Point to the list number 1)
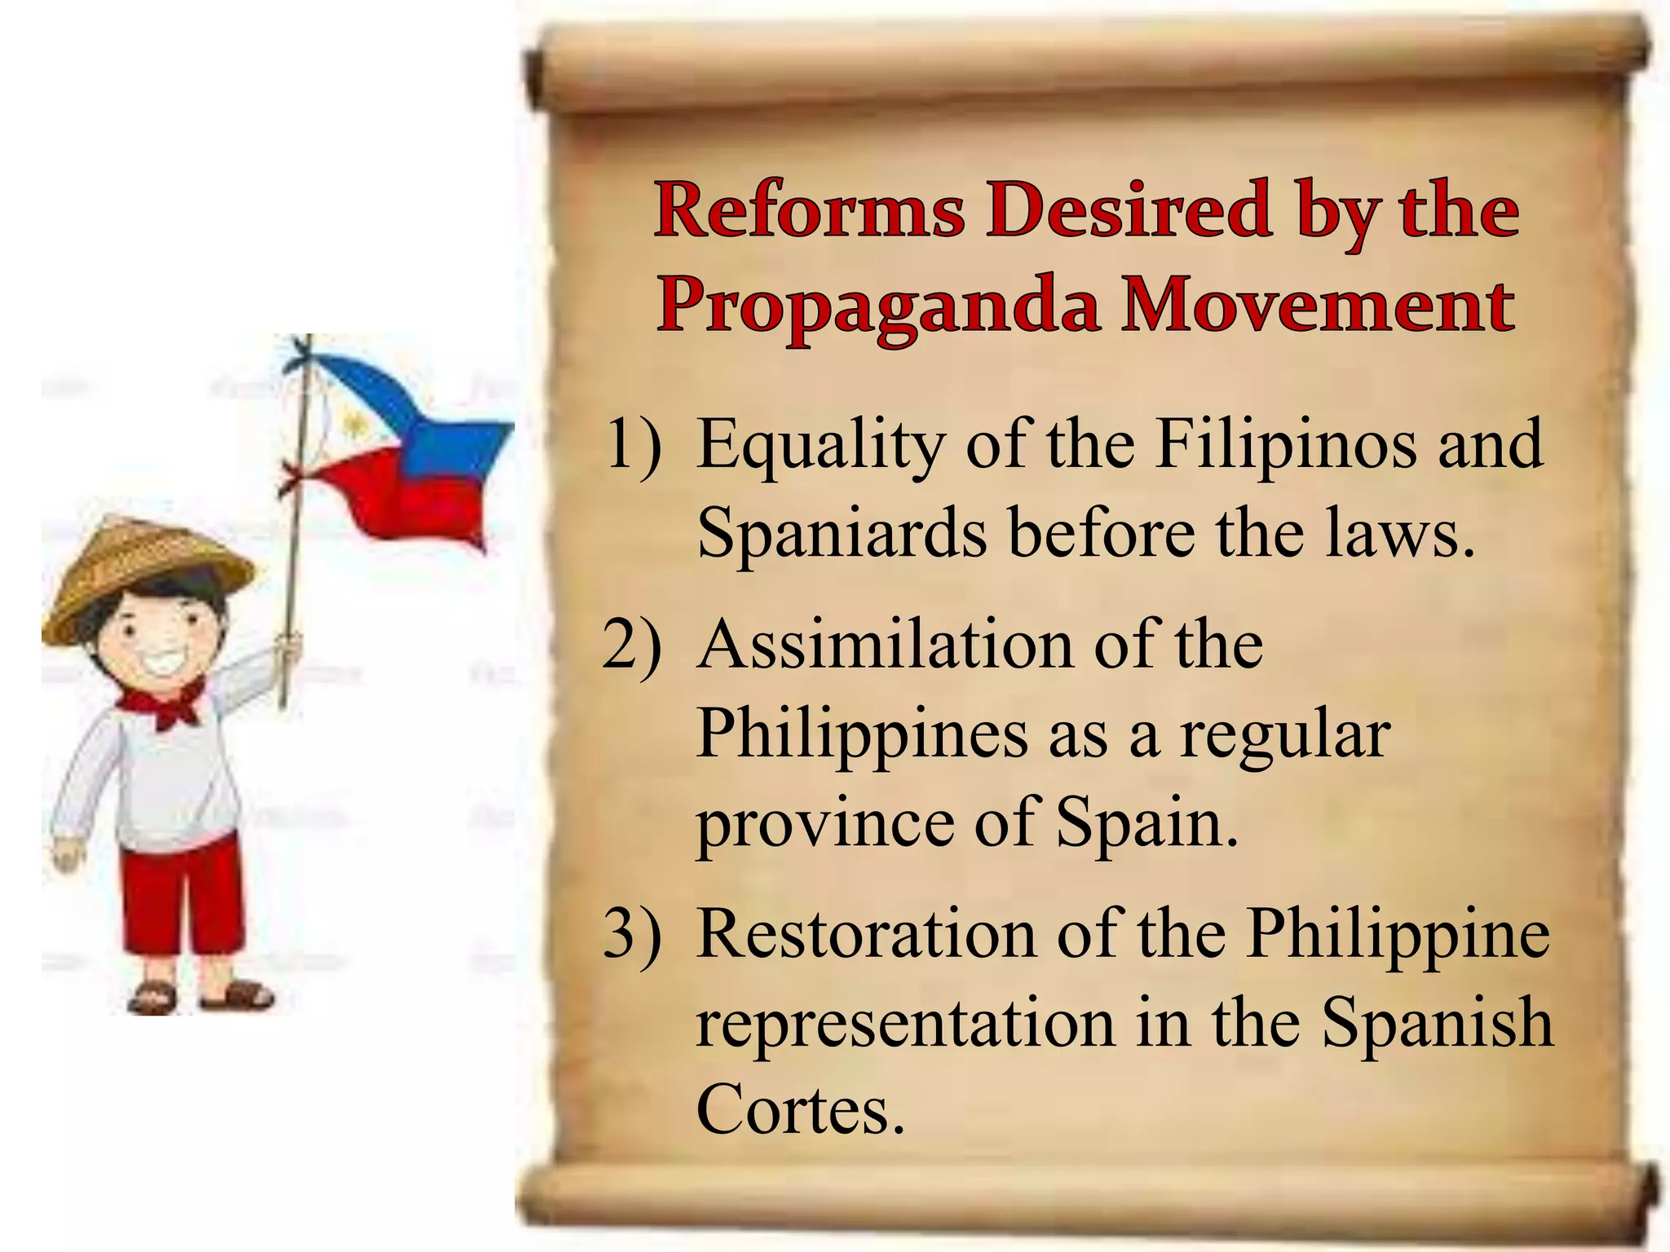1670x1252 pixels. click(x=632, y=445)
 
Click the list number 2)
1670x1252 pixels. click(x=632, y=648)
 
